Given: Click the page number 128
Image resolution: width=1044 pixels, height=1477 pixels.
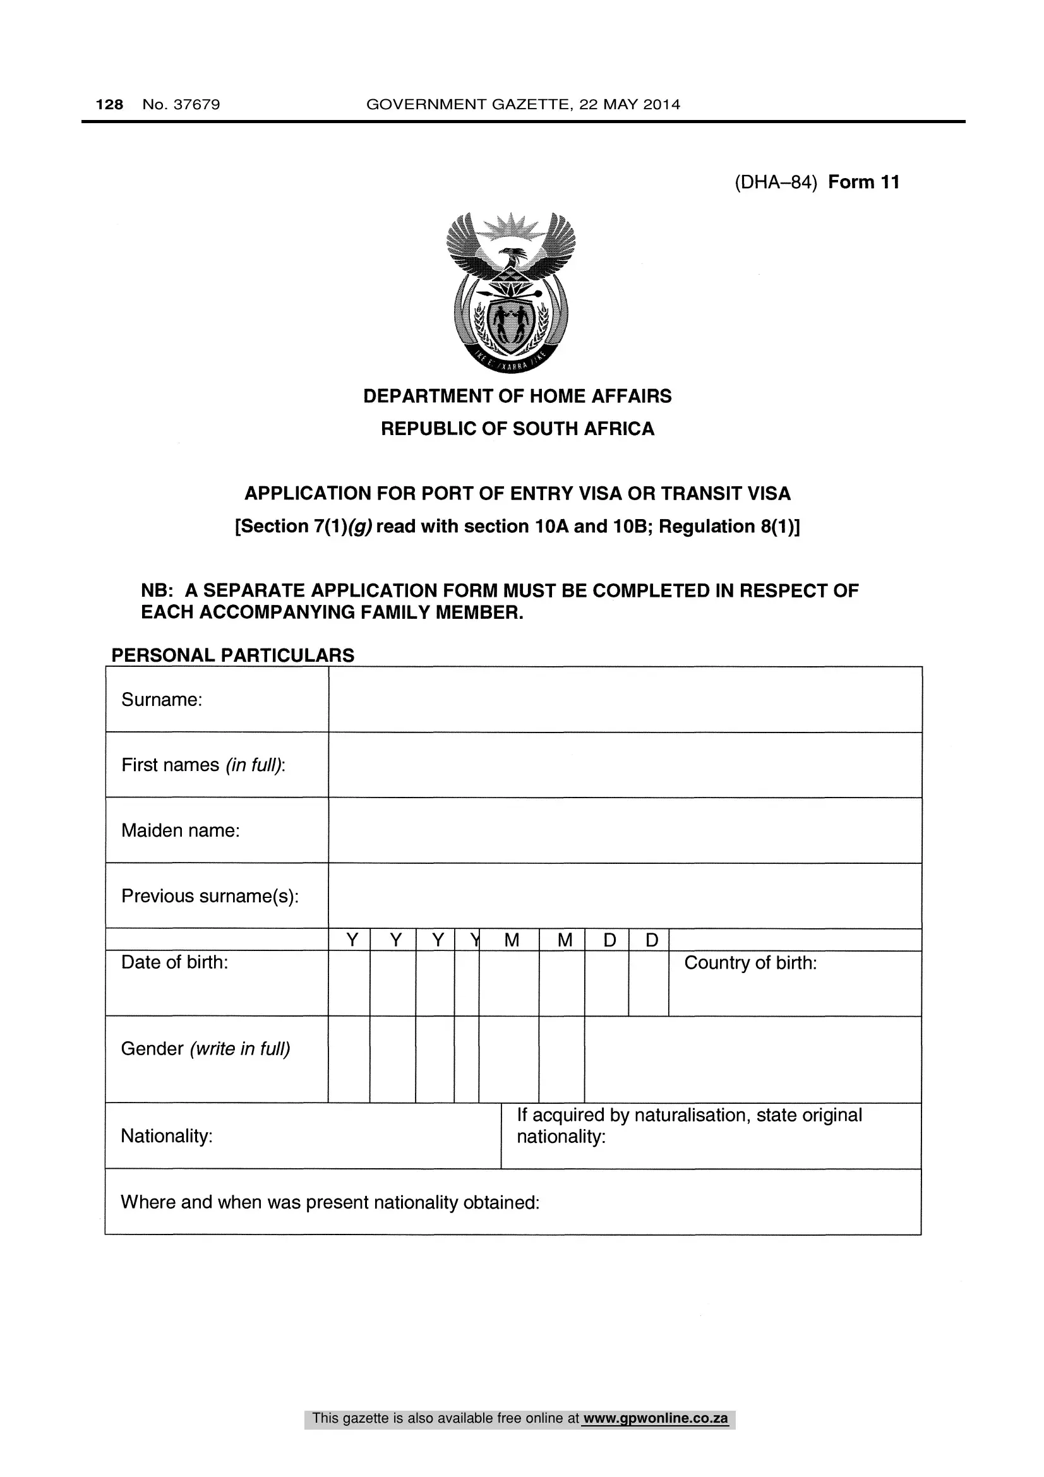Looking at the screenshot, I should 109,104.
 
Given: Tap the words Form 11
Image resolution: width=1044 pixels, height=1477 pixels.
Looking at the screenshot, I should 863,182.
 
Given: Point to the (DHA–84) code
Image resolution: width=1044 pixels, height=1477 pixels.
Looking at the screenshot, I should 776,182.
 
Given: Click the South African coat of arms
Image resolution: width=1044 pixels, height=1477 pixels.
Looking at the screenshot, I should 511,293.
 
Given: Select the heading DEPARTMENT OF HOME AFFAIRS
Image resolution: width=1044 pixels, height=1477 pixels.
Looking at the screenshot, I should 517,397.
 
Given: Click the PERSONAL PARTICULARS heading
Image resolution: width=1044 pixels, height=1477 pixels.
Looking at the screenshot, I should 233,655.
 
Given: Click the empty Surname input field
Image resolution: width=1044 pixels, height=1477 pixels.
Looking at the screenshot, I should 625,699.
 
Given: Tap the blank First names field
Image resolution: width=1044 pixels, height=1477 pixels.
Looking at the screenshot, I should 625,765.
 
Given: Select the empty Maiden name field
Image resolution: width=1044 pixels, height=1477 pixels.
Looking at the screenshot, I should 625,830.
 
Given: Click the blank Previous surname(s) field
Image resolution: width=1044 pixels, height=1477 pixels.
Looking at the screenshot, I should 625,896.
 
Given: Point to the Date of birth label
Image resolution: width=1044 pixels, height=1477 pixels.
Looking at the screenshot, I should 174,962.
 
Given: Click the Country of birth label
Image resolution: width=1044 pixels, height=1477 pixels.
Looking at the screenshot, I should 750,963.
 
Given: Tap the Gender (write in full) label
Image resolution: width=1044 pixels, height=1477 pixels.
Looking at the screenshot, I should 205,1049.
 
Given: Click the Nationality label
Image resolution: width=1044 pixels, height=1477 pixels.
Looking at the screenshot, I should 167,1136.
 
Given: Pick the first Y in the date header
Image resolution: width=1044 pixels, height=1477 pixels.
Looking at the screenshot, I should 352,940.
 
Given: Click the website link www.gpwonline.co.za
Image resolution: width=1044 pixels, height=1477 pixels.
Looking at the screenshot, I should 655,1418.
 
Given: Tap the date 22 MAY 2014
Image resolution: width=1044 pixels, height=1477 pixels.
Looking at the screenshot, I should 629,104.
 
